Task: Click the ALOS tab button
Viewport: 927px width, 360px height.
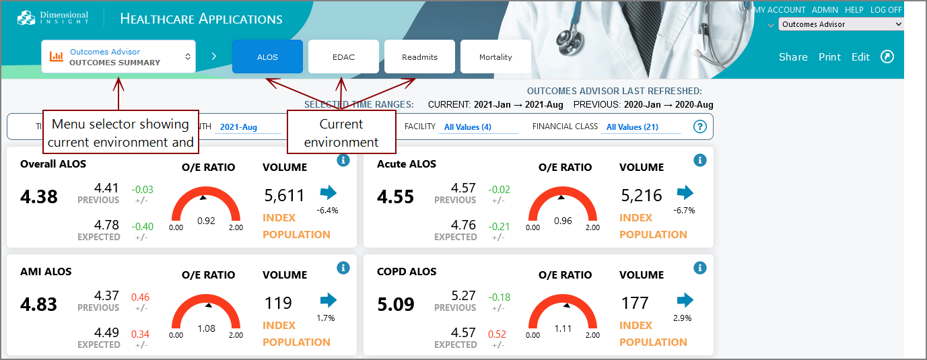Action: [267, 57]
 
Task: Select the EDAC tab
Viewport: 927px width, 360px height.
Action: [343, 57]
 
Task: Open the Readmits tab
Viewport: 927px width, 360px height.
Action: [419, 57]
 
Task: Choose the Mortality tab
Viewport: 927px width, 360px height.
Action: [495, 57]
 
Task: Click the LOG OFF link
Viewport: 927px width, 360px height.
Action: [885, 10]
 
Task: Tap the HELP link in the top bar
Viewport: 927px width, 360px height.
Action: [854, 10]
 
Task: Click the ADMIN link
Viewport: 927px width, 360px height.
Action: [825, 10]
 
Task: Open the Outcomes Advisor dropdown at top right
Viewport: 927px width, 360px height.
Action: [841, 24]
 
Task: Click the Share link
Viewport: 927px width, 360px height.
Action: [793, 57]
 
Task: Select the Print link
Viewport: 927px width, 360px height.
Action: [829, 57]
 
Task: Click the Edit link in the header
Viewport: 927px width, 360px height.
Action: [860, 57]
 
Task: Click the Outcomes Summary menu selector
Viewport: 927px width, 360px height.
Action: [118, 57]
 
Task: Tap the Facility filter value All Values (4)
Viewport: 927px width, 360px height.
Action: [467, 127]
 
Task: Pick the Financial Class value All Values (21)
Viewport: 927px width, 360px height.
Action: [632, 127]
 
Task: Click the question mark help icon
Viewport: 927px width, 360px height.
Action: [699, 127]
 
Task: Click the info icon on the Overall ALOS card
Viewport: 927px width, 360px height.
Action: [343, 160]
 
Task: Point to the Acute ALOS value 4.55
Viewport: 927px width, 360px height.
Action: [396, 196]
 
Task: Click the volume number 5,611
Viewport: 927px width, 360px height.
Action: [284, 196]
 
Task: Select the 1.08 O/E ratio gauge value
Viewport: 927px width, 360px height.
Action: [206, 328]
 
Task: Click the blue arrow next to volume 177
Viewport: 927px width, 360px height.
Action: [685, 300]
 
